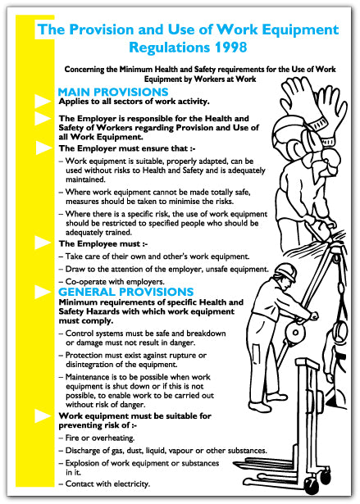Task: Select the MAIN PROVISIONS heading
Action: (113, 92)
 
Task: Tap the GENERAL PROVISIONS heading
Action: (125, 292)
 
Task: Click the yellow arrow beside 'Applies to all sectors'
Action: (43, 102)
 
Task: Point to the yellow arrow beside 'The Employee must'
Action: (43, 243)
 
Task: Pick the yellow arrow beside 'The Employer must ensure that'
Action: (43, 148)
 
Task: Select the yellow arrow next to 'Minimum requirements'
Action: (43, 302)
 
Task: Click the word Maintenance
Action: (92, 376)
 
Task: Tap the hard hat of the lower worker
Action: (285, 273)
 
